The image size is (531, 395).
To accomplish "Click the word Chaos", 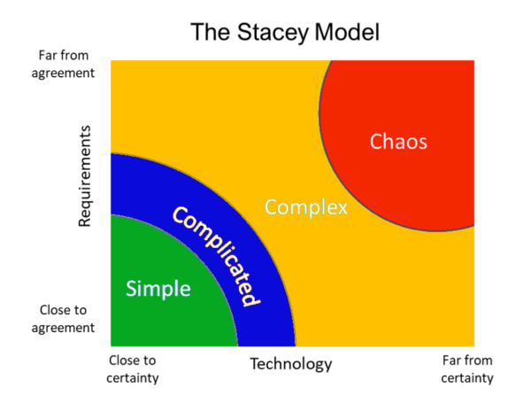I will pos(398,142).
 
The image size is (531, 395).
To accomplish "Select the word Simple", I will pos(158,289).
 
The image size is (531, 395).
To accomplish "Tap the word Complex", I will pos(306,208).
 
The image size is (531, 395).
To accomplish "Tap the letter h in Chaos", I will pos(389,141).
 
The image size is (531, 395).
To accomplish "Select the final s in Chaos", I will pos(422,143).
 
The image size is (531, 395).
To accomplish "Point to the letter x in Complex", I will pos(342,209).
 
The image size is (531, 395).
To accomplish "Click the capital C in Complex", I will pos(271,208).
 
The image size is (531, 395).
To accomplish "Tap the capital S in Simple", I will pos(132,289).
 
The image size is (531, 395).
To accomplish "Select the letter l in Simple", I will pos(177,288).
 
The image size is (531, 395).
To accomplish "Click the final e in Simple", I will pos(185,290).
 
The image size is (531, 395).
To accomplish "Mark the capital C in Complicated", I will pos(180,214).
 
